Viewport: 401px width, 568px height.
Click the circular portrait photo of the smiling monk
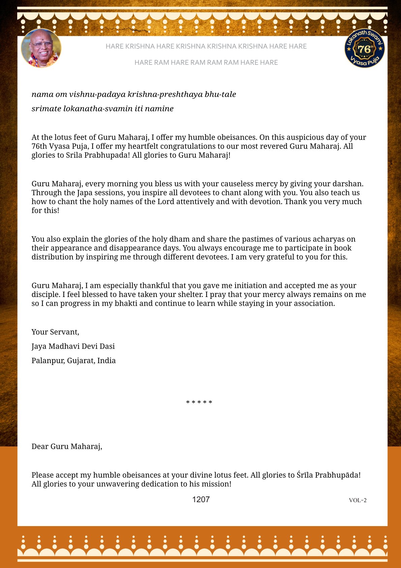(41, 48)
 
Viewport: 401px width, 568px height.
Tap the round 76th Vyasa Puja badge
(364, 48)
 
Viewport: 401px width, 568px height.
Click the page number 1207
(201, 499)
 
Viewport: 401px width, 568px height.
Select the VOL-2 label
(358, 500)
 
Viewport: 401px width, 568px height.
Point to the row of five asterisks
(199, 402)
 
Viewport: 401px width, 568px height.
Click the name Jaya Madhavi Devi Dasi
(73, 346)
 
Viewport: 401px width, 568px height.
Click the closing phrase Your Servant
(55, 332)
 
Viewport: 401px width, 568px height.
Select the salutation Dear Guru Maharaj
(67, 446)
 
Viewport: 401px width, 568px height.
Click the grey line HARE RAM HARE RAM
(206, 62)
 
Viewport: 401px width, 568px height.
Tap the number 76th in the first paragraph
(39, 146)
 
